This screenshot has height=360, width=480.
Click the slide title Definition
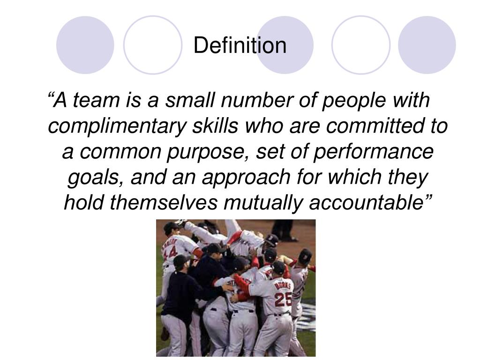pos(240,45)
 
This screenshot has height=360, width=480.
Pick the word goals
pos(97,178)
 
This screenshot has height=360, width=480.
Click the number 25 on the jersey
pos(283,299)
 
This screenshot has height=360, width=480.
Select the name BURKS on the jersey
pos(283,284)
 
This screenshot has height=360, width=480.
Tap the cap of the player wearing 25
pos(279,267)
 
